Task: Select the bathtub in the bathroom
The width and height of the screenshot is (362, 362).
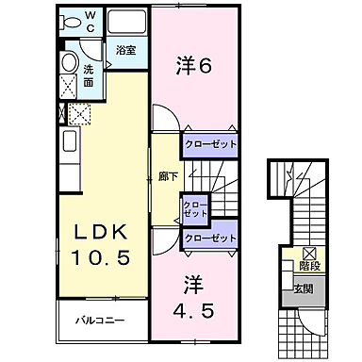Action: pyautogui.click(x=126, y=22)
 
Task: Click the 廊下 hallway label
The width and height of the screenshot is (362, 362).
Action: pyautogui.click(x=166, y=175)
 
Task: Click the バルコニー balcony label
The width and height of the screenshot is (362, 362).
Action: pyautogui.click(x=102, y=321)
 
